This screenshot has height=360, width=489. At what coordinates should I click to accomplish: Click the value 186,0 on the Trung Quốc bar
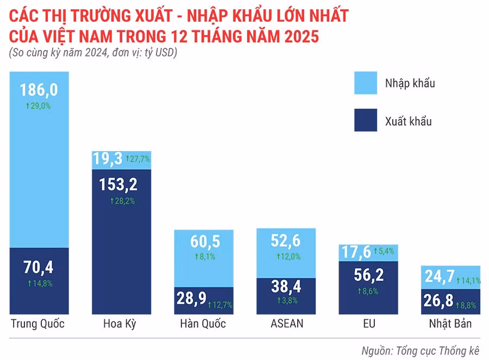tap(39, 89)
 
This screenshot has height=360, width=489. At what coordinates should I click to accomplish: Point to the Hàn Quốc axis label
tap(203, 324)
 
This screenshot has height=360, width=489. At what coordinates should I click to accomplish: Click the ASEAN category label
tap(286, 324)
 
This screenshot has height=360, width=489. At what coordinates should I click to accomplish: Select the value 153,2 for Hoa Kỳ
tap(119, 184)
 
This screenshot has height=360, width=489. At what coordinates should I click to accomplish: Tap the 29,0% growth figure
tap(39, 106)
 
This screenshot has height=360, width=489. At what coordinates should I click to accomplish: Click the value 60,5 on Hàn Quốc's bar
tap(204, 241)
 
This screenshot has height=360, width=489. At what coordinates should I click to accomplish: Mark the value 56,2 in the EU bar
tap(369, 275)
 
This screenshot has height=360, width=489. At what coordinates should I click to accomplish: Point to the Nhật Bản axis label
tap(450, 324)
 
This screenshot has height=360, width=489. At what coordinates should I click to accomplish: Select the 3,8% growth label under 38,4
tap(287, 300)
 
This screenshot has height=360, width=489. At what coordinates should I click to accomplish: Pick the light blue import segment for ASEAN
tap(286, 253)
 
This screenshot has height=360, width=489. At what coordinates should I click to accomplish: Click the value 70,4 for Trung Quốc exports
tap(39, 267)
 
